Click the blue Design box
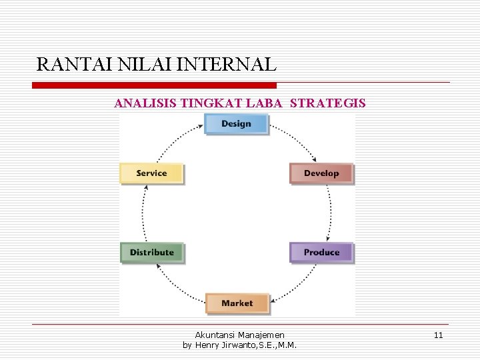coord(236,124)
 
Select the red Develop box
coord(321,173)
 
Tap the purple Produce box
coord(321,253)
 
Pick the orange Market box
coord(237,303)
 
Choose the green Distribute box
coord(151,253)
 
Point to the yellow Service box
coord(151,173)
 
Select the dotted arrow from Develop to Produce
coord(330,213)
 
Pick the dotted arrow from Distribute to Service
coord(143,213)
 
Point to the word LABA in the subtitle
coord(268,103)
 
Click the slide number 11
coord(438,335)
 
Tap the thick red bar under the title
coord(155,85)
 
